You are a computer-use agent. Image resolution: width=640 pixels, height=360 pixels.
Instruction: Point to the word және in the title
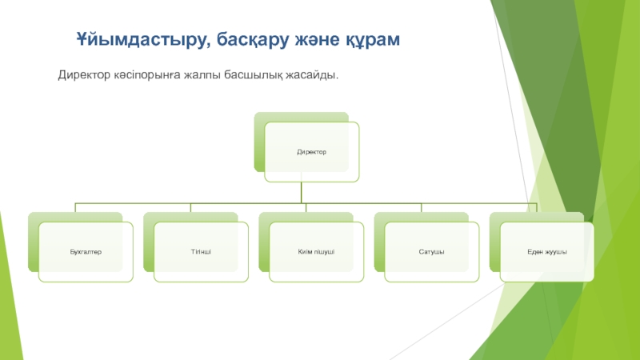(317, 39)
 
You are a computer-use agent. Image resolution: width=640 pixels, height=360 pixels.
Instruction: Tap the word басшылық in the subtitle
(271, 74)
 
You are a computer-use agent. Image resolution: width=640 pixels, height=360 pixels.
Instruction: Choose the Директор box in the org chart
(313, 151)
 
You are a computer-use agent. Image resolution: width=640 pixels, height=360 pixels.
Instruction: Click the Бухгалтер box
(85, 252)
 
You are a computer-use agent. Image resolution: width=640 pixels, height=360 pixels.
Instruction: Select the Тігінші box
(201, 252)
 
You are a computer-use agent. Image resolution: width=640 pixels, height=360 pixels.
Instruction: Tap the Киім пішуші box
(315, 252)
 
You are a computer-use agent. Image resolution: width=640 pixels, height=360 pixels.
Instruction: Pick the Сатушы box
(431, 252)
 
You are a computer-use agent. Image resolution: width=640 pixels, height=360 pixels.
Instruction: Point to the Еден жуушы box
(546, 252)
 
